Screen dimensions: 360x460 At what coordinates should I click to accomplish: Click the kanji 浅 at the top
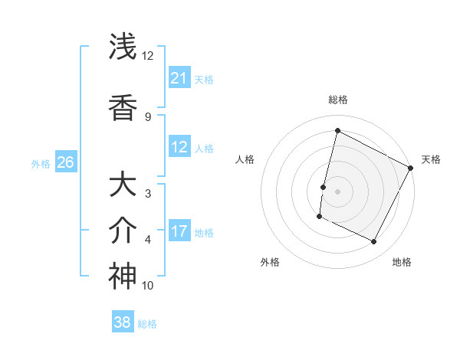pyautogui.click(x=123, y=47)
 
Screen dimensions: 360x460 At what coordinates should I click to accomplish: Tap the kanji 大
pyautogui.click(x=123, y=185)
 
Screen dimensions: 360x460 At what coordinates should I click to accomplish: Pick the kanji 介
pyautogui.click(x=123, y=230)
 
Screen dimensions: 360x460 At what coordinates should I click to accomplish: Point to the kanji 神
pyautogui.click(x=123, y=277)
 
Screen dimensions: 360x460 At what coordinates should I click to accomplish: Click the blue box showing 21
pyautogui.click(x=179, y=78)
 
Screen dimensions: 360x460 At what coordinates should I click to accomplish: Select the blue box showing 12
pyautogui.click(x=179, y=147)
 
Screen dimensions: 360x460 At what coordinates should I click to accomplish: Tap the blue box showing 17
pyautogui.click(x=179, y=231)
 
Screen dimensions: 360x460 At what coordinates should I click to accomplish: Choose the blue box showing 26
pyautogui.click(x=66, y=162)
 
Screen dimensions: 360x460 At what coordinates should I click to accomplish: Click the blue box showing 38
pyautogui.click(x=123, y=322)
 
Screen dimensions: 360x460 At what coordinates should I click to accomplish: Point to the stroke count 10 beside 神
pyautogui.click(x=148, y=286)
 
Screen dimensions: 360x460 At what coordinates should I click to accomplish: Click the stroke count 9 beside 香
pyautogui.click(x=148, y=116)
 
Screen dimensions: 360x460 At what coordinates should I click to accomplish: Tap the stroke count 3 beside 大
pyautogui.click(x=148, y=193)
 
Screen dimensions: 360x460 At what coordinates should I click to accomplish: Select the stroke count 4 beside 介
pyautogui.click(x=148, y=240)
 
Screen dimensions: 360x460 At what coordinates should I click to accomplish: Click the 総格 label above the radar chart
pyautogui.click(x=337, y=100)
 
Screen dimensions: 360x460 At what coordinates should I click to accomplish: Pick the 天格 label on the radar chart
pyautogui.click(x=431, y=159)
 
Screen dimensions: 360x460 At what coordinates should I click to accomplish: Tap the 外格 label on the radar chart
pyautogui.click(x=270, y=262)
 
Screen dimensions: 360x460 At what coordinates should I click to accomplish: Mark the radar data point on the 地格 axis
pyautogui.click(x=374, y=242)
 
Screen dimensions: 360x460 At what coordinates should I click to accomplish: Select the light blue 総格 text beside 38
pyautogui.click(x=147, y=324)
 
